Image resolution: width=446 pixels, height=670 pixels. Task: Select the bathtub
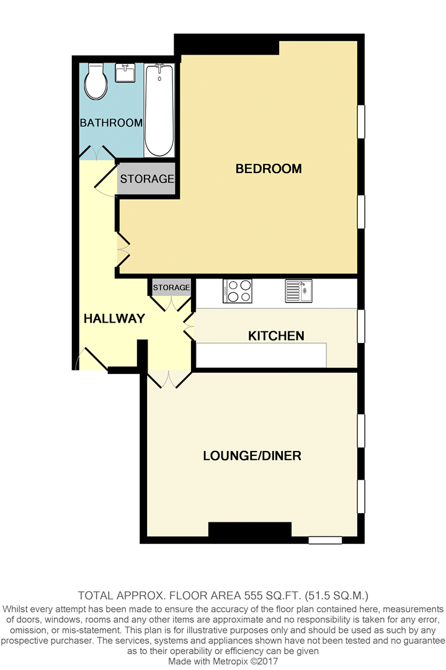tap(160, 110)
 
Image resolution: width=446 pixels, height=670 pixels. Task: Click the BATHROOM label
tap(112, 123)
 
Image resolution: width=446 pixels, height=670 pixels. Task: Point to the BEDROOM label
tap(268, 169)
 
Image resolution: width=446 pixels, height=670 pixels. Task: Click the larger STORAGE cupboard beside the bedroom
tap(147, 179)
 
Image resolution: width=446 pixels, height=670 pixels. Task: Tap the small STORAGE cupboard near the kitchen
tap(171, 287)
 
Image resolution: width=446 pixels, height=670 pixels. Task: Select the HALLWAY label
tap(114, 319)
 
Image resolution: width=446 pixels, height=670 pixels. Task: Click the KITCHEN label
tap(276, 336)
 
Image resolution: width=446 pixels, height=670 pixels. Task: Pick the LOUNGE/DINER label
tap(252, 456)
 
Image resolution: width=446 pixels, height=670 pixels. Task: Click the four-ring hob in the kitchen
tap(238, 291)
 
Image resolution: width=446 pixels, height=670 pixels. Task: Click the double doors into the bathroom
tap(98, 152)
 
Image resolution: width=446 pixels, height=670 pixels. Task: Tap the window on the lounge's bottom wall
tap(325, 540)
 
